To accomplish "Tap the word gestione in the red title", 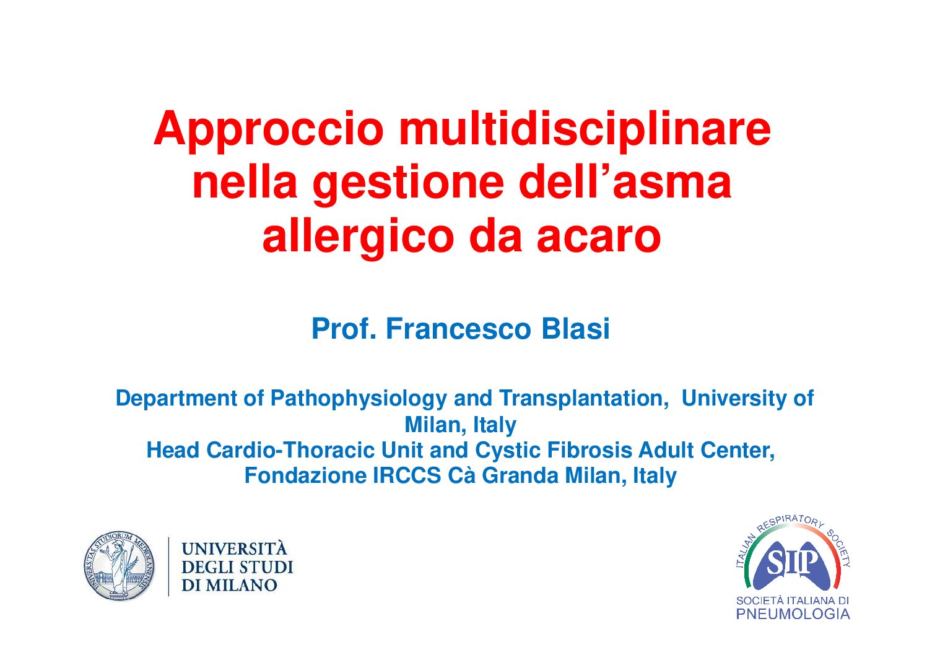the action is point(408,184).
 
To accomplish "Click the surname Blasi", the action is point(575,329).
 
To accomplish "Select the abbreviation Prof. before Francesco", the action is point(344,329).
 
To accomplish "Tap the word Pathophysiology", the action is point(359,399).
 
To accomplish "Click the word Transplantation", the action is point(584,399).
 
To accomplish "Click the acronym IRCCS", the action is point(407,476).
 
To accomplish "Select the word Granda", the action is point(520,476).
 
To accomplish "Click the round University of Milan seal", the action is point(119,566).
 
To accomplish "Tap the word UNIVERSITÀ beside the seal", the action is point(234,549).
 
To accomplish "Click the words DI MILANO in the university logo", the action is point(229,585).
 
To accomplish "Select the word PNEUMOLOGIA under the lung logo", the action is point(793,614).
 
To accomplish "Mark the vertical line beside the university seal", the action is point(169,566).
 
